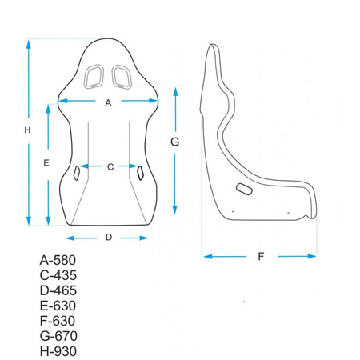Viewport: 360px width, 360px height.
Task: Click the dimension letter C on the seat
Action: click(110, 166)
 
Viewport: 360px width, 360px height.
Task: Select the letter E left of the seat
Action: click(47, 162)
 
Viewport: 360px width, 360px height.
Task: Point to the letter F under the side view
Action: click(261, 257)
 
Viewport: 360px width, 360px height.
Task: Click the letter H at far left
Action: click(26, 130)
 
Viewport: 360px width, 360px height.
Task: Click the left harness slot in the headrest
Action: click(94, 77)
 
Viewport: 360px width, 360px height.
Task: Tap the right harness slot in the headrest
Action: click(122, 77)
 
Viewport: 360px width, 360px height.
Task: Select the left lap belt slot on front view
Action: click(78, 172)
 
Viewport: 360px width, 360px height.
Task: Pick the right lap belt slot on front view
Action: click(140, 172)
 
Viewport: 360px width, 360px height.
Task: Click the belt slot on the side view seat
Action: click(244, 189)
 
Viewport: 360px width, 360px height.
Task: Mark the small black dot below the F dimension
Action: click(245, 302)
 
